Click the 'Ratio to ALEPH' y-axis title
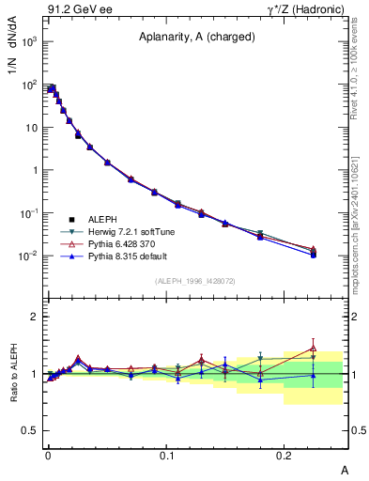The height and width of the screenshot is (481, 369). click(x=14, y=373)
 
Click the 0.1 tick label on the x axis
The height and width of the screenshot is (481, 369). click(x=166, y=454)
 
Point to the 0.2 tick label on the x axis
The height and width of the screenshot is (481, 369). click(x=284, y=454)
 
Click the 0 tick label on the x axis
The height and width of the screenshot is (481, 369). click(x=48, y=454)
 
